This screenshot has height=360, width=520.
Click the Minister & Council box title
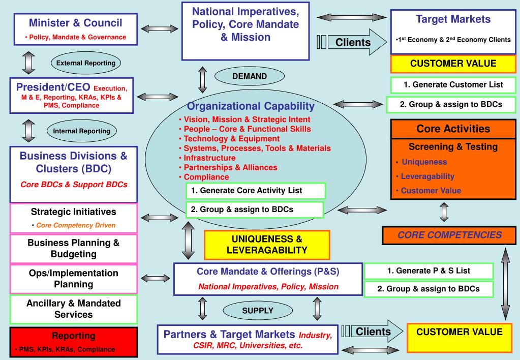pyautogui.click(x=75, y=23)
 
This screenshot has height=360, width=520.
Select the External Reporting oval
pyautogui.click(x=85, y=63)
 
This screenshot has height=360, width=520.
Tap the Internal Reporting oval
pyautogui.click(x=81, y=131)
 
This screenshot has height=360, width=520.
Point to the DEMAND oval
pyautogui.click(x=249, y=76)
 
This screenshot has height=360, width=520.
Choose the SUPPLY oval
pyautogui.click(x=257, y=310)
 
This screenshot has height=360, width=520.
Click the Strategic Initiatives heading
pyautogui.click(x=74, y=212)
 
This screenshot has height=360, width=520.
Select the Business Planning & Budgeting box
pyautogui.click(x=74, y=248)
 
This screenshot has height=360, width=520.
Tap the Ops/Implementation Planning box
pyautogui.click(x=74, y=279)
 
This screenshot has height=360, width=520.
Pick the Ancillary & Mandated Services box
pyautogui.click(x=74, y=309)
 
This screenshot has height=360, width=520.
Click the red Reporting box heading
pyautogui.click(x=74, y=336)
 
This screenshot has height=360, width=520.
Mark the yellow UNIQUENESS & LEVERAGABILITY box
pyautogui.click(x=267, y=245)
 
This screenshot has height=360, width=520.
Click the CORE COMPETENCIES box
pyautogui.click(x=449, y=235)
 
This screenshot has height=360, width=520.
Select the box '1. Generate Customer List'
pyautogui.click(x=453, y=84)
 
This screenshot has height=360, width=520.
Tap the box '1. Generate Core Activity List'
pyautogui.click(x=255, y=191)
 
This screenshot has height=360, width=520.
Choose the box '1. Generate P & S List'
pyautogui.click(x=429, y=271)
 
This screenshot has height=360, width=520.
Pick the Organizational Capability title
pyautogui.click(x=251, y=107)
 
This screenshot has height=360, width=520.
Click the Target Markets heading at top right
pyautogui.click(x=453, y=19)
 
